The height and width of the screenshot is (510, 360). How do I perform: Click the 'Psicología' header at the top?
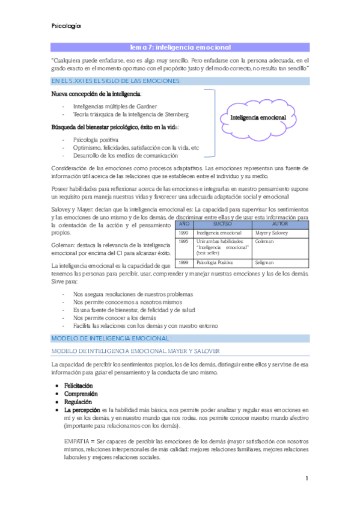66,26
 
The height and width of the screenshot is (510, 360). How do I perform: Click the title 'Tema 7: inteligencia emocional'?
180,47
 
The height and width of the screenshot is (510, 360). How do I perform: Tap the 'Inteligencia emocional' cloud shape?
258,118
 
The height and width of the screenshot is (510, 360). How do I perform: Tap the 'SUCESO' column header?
222,223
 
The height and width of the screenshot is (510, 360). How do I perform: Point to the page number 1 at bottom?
307,479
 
